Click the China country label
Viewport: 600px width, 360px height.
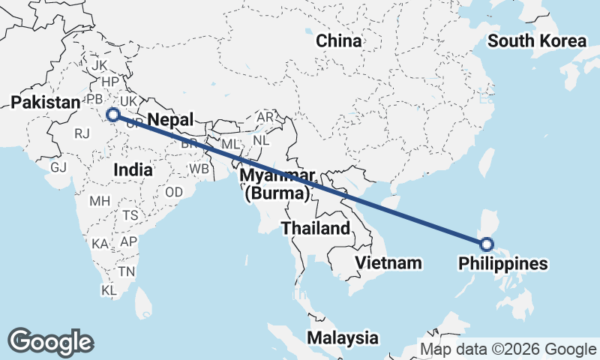click(x=339, y=41)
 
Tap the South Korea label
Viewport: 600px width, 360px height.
click(x=536, y=41)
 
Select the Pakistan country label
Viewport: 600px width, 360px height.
click(x=45, y=103)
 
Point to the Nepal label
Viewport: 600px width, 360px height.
click(x=170, y=120)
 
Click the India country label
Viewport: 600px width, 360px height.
click(x=133, y=170)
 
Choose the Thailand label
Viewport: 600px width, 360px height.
click(x=316, y=228)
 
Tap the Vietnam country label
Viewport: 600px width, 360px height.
click(x=388, y=263)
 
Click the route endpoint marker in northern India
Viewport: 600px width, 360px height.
click(x=113, y=115)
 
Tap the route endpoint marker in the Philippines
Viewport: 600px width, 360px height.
click(x=486, y=244)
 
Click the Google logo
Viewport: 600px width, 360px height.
click(x=50, y=342)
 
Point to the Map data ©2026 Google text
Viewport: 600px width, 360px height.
click(x=508, y=349)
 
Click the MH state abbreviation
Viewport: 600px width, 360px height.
click(x=100, y=202)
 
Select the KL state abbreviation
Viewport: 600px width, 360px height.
click(x=109, y=289)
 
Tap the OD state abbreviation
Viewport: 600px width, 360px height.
click(x=174, y=193)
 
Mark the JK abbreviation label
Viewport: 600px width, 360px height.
click(x=100, y=66)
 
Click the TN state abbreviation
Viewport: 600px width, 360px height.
click(x=127, y=271)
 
